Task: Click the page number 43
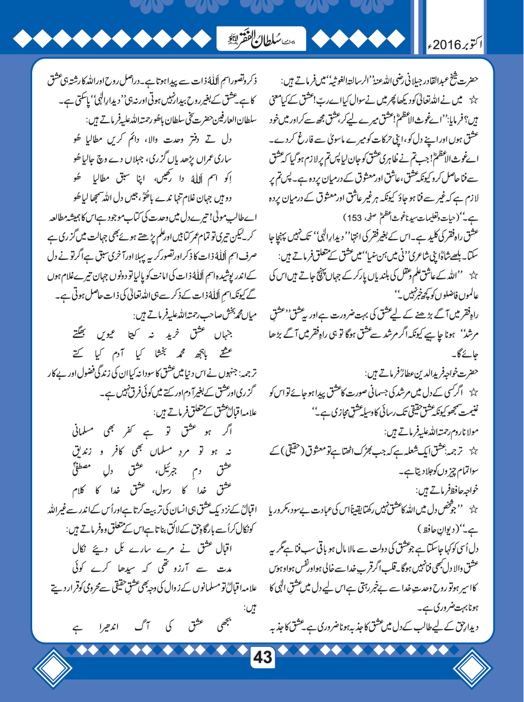(x=263, y=657)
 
